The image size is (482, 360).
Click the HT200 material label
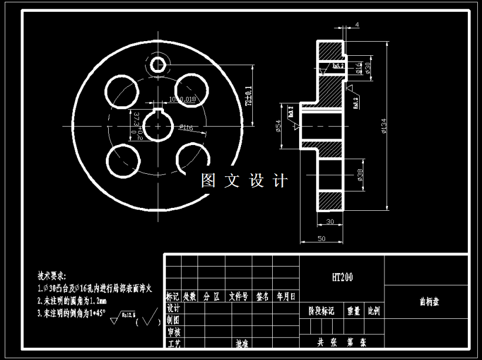[342, 277]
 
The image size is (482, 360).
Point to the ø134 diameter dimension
[384, 126]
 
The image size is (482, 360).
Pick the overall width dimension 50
[321, 239]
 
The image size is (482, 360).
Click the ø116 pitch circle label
[186, 127]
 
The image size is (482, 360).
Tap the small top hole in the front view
[159, 63]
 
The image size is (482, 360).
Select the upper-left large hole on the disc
[120, 92]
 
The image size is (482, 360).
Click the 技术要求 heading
[52, 275]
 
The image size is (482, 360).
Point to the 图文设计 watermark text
[244, 180]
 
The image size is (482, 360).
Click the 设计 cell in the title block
[173, 308]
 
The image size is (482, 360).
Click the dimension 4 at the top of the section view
[357, 25]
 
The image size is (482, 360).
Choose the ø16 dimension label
[359, 69]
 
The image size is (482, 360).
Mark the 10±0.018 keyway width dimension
[182, 99]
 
